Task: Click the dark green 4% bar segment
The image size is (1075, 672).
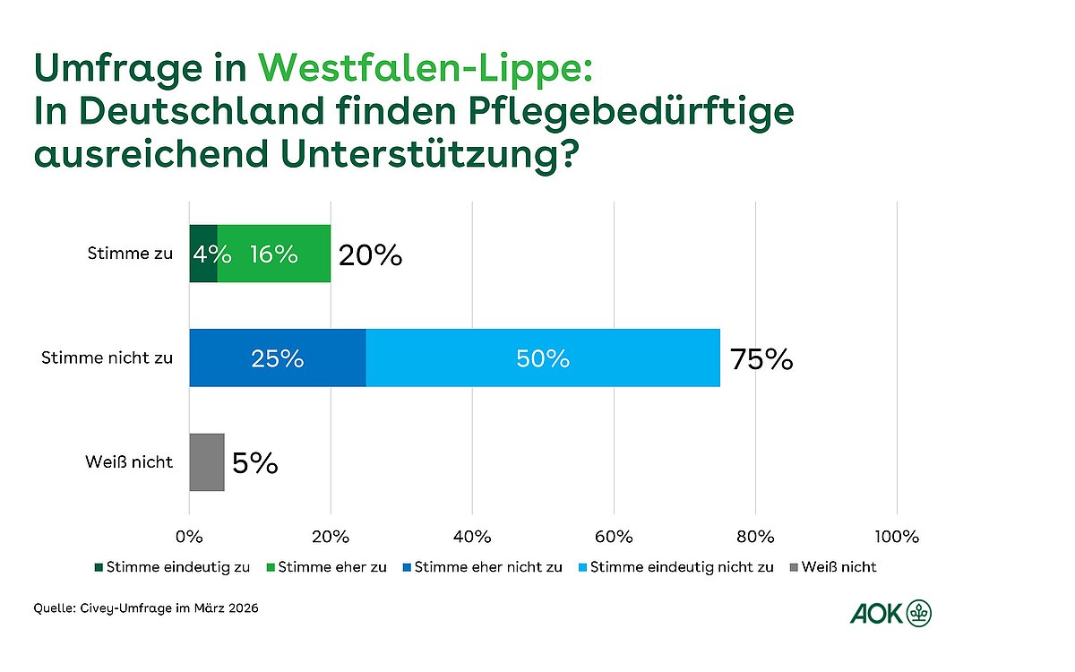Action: [203, 254]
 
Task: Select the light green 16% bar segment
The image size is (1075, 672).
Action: [274, 254]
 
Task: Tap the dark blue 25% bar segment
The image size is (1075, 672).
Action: [278, 358]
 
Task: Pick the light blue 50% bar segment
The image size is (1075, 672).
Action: [543, 358]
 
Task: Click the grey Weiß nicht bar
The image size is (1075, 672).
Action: [207, 462]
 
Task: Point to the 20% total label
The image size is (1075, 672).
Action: [370, 256]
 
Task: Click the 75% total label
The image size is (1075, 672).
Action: [761, 359]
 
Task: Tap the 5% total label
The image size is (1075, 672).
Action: [254, 463]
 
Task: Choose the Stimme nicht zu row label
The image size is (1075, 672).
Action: [107, 358]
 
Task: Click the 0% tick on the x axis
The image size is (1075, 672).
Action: [189, 537]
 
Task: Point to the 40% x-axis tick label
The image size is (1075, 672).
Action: [472, 537]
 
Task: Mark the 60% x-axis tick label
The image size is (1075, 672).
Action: [614, 537]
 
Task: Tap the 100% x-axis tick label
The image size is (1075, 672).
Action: [897, 537]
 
